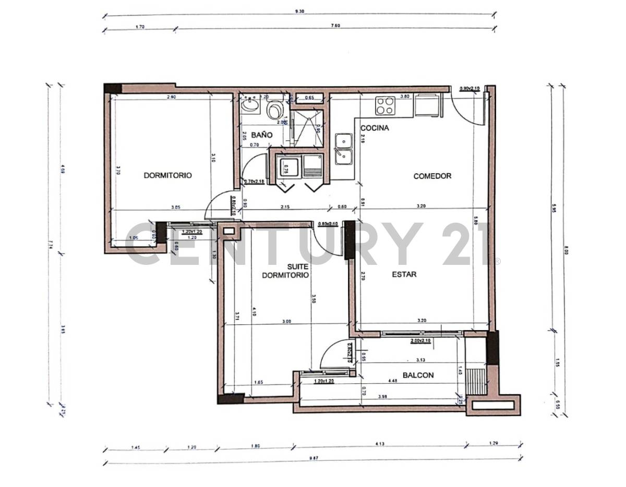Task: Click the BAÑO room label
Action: tap(264, 135)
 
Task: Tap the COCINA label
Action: tap(375, 128)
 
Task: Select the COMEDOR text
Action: tap(432, 176)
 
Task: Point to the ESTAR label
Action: tap(404, 274)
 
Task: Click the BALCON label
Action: tap(418, 375)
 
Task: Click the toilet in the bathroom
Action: tap(274, 109)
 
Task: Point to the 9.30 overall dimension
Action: tap(299, 11)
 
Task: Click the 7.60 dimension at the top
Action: tap(335, 26)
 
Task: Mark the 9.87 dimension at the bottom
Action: tap(313, 458)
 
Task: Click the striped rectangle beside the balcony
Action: tap(475, 380)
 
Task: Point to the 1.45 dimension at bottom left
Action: tap(136, 446)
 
